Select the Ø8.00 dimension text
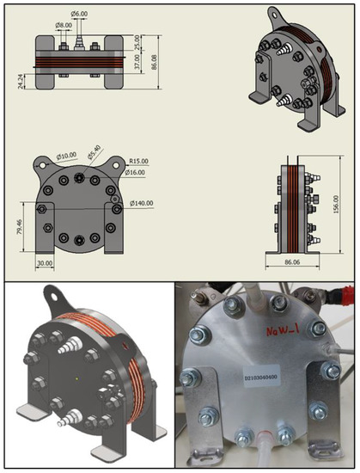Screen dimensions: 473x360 pos(64,25)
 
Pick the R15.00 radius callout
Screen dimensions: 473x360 pos(139,161)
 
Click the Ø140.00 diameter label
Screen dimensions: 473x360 pos(141,204)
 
